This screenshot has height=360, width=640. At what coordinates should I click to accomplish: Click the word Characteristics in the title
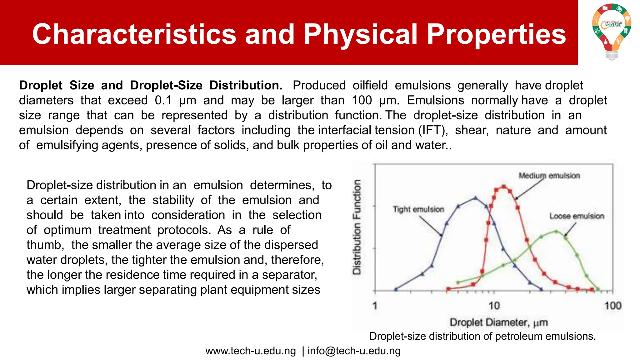(x=134, y=34)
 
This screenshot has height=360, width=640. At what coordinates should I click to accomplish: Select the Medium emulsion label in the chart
(x=549, y=176)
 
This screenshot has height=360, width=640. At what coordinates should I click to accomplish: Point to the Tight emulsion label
(x=418, y=209)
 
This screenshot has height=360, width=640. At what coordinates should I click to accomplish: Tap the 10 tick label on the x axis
(x=494, y=306)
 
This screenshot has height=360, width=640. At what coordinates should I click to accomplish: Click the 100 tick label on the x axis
(x=612, y=306)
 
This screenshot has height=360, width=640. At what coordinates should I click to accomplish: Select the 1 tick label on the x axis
(x=375, y=306)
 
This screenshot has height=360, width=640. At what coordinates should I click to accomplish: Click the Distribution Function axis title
(x=357, y=227)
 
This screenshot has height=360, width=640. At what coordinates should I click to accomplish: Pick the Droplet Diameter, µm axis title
(x=498, y=322)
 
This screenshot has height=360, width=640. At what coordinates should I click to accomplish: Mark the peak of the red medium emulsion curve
(x=503, y=187)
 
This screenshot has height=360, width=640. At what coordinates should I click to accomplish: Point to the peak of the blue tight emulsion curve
(x=476, y=198)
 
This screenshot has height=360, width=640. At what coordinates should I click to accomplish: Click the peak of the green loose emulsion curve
(x=556, y=232)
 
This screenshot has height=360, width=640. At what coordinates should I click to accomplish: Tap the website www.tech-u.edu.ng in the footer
(x=251, y=351)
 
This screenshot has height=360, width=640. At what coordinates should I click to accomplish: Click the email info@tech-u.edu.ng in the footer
(x=354, y=351)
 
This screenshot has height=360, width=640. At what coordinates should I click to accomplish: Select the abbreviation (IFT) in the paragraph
(x=433, y=130)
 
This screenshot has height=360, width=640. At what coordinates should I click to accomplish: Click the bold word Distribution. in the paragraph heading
(x=246, y=86)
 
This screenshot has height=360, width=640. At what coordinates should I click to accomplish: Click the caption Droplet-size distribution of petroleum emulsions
(x=482, y=337)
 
